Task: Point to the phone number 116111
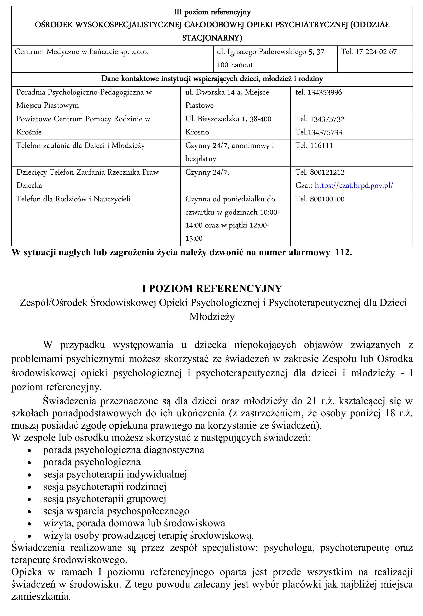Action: [321, 146]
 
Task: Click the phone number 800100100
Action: [327, 199]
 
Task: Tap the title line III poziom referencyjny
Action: [212, 12]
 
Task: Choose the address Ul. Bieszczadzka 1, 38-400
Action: [228, 119]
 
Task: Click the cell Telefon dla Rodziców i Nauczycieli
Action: [74, 199]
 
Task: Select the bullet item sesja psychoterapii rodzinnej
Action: [105, 487]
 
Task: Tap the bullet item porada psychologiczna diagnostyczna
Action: [123, 450]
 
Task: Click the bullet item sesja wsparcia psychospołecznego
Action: [116, 511]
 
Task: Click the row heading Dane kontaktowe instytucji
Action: [212, 79]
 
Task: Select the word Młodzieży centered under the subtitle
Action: [212, 317]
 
